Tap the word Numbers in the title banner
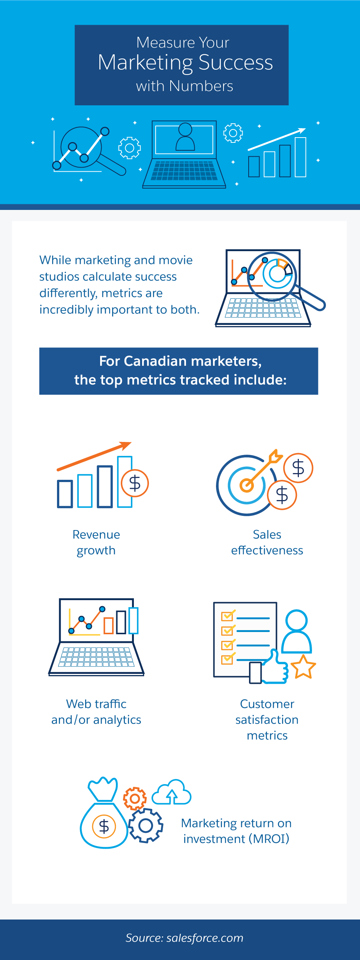coord(201,86)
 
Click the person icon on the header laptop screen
coord(185,137)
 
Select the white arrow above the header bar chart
coord(277,139)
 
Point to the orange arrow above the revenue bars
coord(94,456)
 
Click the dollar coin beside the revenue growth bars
coord(135,483)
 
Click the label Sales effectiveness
coord(267,542)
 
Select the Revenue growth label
coord(96,542)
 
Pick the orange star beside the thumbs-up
coord(303,667)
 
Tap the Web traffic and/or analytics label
coord(96,711)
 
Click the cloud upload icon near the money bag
coord(171,792)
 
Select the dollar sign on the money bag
coord(104,826)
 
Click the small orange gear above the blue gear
coord(135,798)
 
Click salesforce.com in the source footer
coord(205,938)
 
